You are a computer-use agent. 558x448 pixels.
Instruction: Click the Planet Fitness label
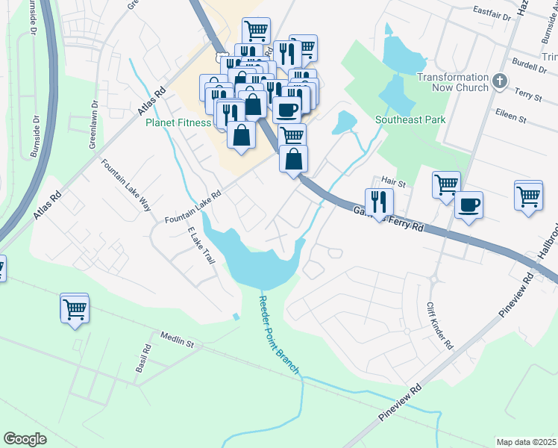pos(178,123)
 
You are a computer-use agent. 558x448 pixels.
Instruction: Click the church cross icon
pos(500,80)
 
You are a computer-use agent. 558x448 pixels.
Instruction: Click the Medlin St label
pos(175,340)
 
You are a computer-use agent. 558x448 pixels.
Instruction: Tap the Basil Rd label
pos(143,359)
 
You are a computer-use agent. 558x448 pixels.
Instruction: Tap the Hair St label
pos(392,181)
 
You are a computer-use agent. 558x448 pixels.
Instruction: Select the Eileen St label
pos(512,117)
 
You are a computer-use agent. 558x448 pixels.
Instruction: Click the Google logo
pos(25,438)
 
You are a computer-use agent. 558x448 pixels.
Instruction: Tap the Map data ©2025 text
pos(527,442)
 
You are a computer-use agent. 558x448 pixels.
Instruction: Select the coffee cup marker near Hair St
pos(468,205)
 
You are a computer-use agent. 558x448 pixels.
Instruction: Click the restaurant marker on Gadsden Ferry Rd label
pos(379,202)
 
